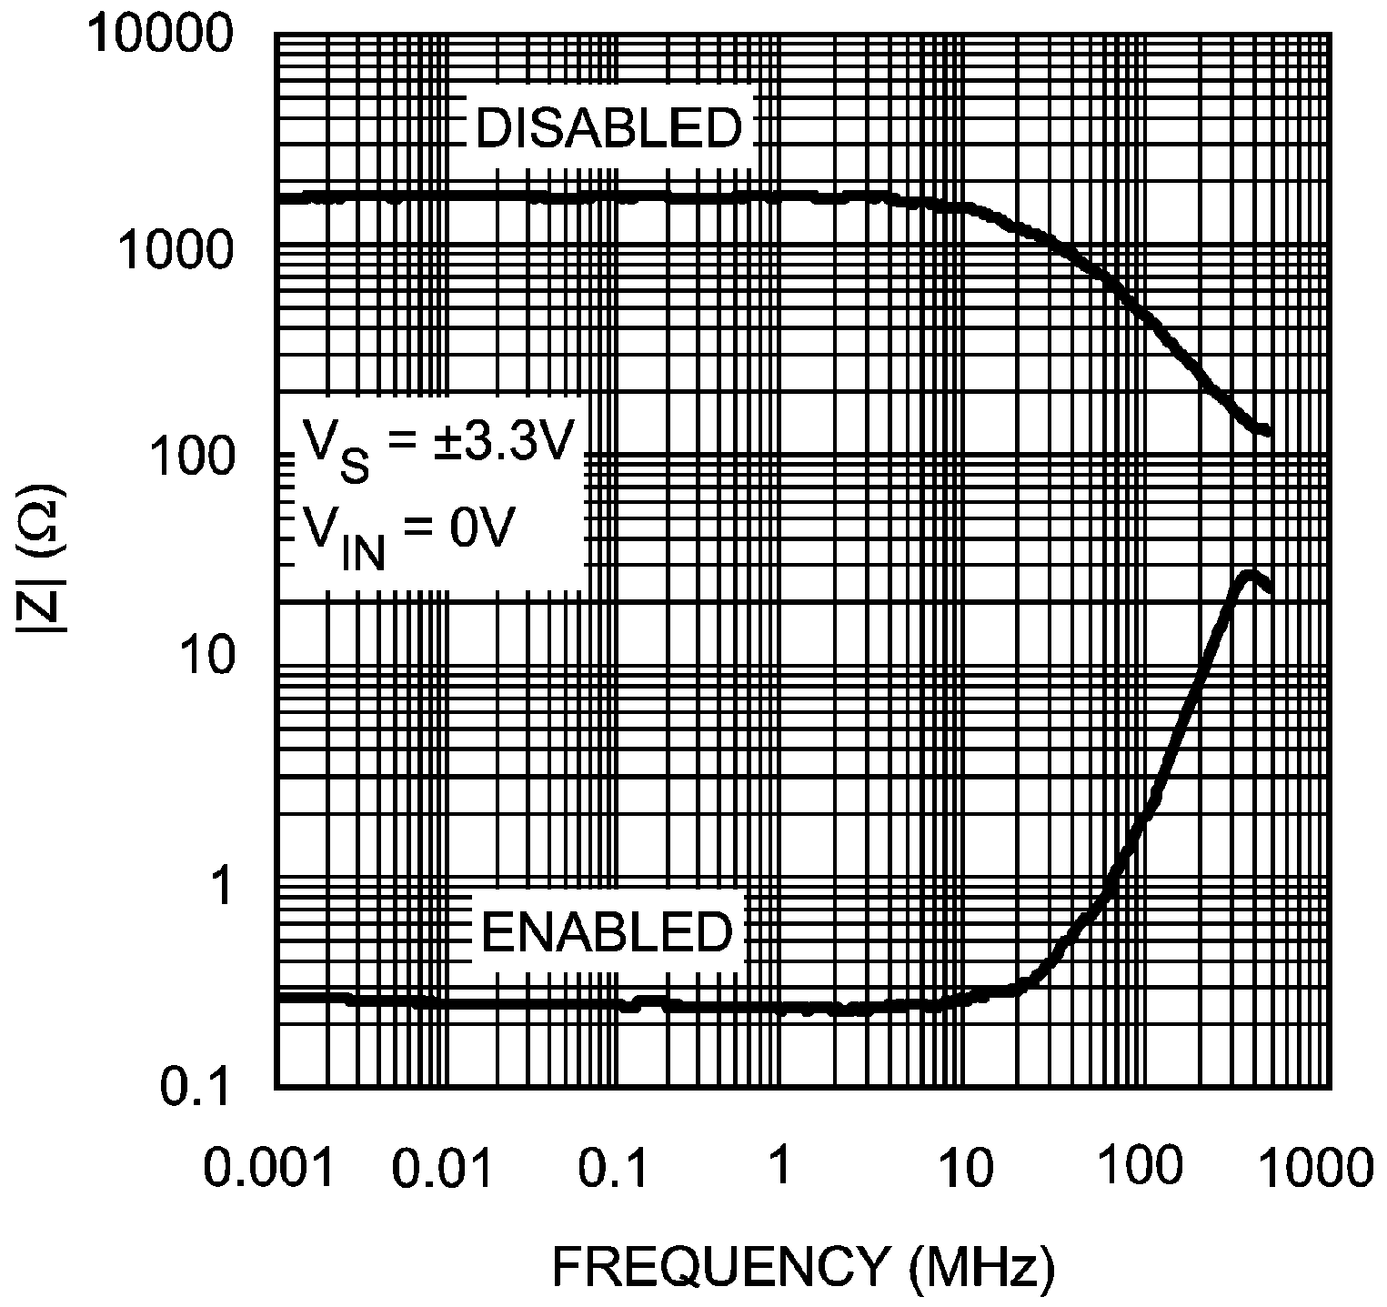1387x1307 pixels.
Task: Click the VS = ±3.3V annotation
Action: tap(437, 447)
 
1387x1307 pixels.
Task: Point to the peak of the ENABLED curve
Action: tap(1251, 575)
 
